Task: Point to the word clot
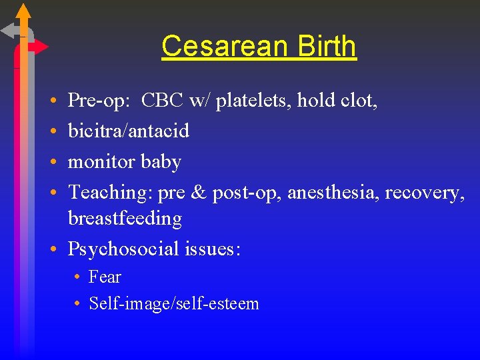pos(360,101)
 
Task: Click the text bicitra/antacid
pos(129,131)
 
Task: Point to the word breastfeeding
pos(125,219)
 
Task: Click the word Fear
pos(105,277)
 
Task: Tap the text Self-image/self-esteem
pos(173,304)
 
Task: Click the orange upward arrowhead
pos(23,11)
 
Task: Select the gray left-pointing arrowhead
pos(9,31)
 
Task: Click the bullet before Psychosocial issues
pos(52,249)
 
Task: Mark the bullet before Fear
pos(78,277)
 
